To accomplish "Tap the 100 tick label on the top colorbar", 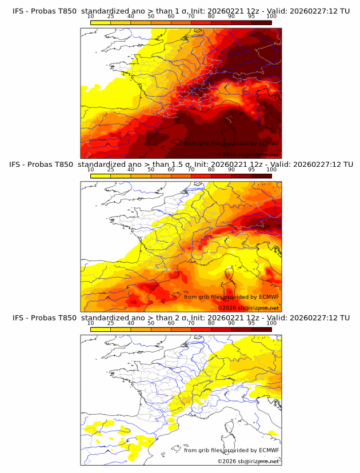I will (x=271, y=17).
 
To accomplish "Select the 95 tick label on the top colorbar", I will (x=251, y=17).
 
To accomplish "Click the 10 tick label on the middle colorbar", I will (x=91, y=170).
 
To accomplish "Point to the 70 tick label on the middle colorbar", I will (x=191, y=170).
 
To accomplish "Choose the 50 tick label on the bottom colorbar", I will (x=151, y=323).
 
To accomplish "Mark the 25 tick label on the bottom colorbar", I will (x=111, y=323).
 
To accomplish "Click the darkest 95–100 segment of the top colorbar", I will (x=261, y=22).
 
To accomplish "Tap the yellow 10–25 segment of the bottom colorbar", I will (x=101, y=328).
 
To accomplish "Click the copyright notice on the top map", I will (x=248, y=155).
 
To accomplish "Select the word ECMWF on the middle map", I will (x=269, y=296).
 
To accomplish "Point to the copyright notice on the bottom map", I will (x=248, y=461).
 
